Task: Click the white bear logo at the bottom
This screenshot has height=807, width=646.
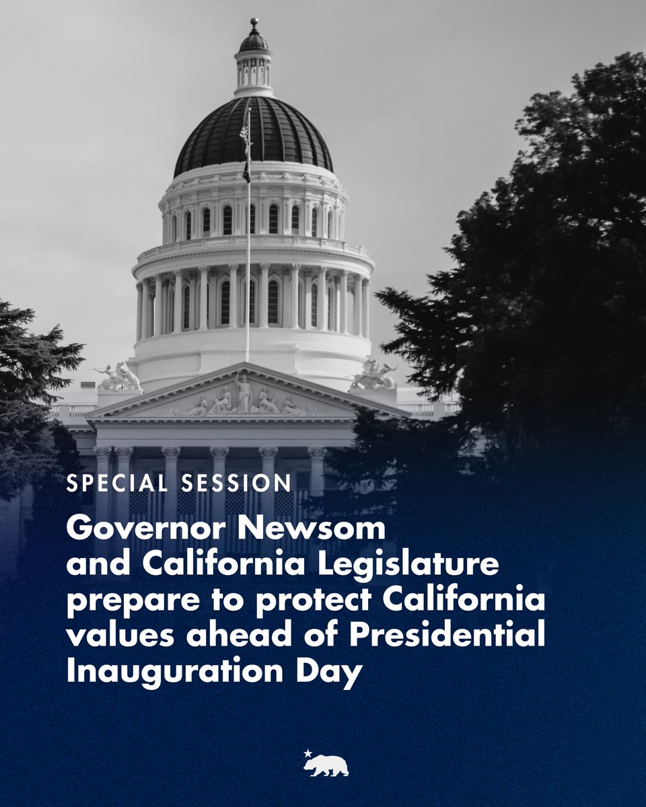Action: (326, 765)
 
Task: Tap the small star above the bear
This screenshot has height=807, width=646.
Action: (308, 753)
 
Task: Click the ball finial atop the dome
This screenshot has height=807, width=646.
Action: (254, 23)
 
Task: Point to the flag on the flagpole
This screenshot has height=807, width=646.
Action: (245, 151)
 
